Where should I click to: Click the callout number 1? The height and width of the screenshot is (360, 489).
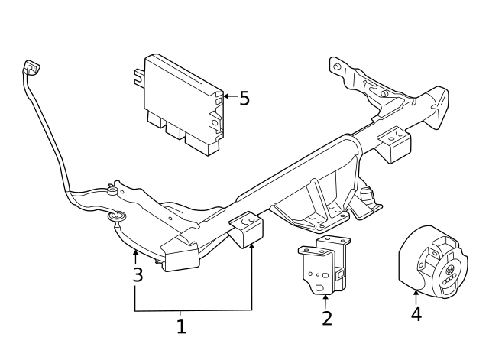point(181,327)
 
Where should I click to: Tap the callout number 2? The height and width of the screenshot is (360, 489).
point(327,318)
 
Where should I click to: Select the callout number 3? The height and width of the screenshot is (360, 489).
point(138,275)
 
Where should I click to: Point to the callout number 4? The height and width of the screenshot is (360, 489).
point(416,314)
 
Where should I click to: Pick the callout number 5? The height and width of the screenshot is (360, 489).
point(244,99)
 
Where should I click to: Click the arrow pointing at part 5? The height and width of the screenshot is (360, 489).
point(228,98)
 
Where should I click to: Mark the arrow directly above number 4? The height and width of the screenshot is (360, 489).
point(416,296)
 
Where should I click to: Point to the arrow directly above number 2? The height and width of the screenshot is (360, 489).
point(326,300)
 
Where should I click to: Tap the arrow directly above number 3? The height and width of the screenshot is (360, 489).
point(135,255)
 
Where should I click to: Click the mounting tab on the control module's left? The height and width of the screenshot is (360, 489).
point(139,76)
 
